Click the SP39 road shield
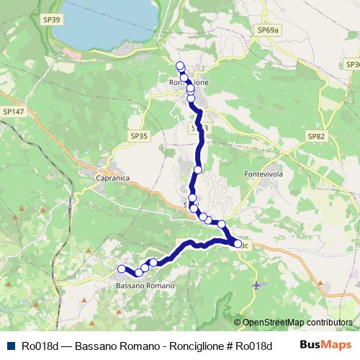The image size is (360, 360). (x=52, y=19)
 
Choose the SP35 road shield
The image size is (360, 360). (x=139, y=135)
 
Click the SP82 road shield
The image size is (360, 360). (x=316, y=135)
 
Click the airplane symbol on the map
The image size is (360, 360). (x=257, y=285)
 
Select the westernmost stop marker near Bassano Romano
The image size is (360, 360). (x=122, y=269)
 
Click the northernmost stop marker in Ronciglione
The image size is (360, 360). (x=180, y=66)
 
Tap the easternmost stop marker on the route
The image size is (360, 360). (x=238, y=244)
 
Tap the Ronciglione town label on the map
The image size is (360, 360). (x=189, y=83)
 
